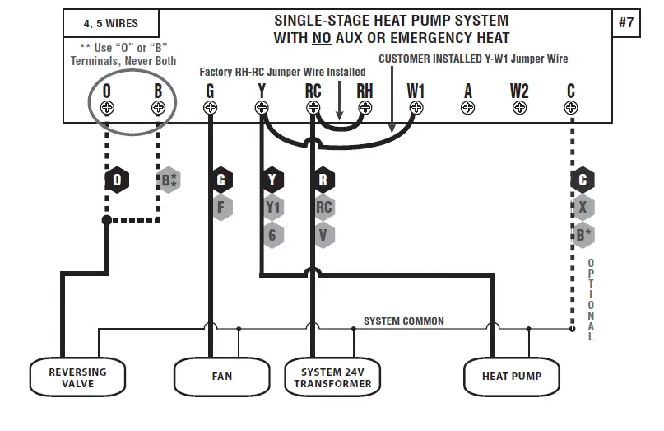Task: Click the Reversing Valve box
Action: click(x=77, y=377)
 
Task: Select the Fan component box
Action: click(x=221, y=377)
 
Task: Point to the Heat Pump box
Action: click(x=512, y=377)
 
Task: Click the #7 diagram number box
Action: click(x=626, y=22)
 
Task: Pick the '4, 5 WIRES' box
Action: click(x=111, y=23)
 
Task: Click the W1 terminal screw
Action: click(x=416, y=108)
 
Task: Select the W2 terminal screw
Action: click(x=519, y=108)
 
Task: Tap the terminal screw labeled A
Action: click(x=467, y=108)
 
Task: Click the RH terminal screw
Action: click(x=365, y=108)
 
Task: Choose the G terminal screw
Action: click(x=210, y=108)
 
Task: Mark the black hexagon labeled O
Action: click(x=117, y=180)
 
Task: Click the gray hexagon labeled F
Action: click(x=221, y=207)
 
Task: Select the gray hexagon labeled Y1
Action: click(x=273, y=207)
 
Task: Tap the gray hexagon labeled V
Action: click(x=324, y=235)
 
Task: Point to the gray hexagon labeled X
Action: click(x=583, y=207)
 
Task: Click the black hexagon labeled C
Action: click(x=583, y=180)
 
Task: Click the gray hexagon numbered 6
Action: click(x=273, y=235)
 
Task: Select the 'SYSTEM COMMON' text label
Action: click(x=403, y=321)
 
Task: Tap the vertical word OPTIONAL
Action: click(x=590, y=300)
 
